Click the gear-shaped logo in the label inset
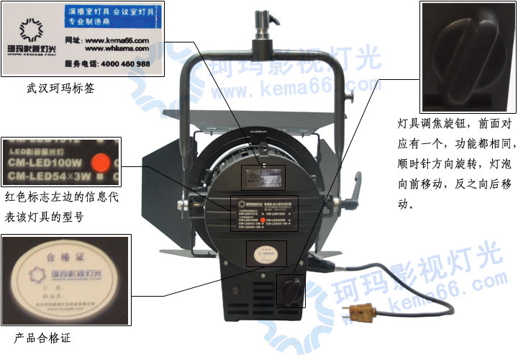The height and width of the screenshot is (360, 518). click(x=31, y=31)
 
